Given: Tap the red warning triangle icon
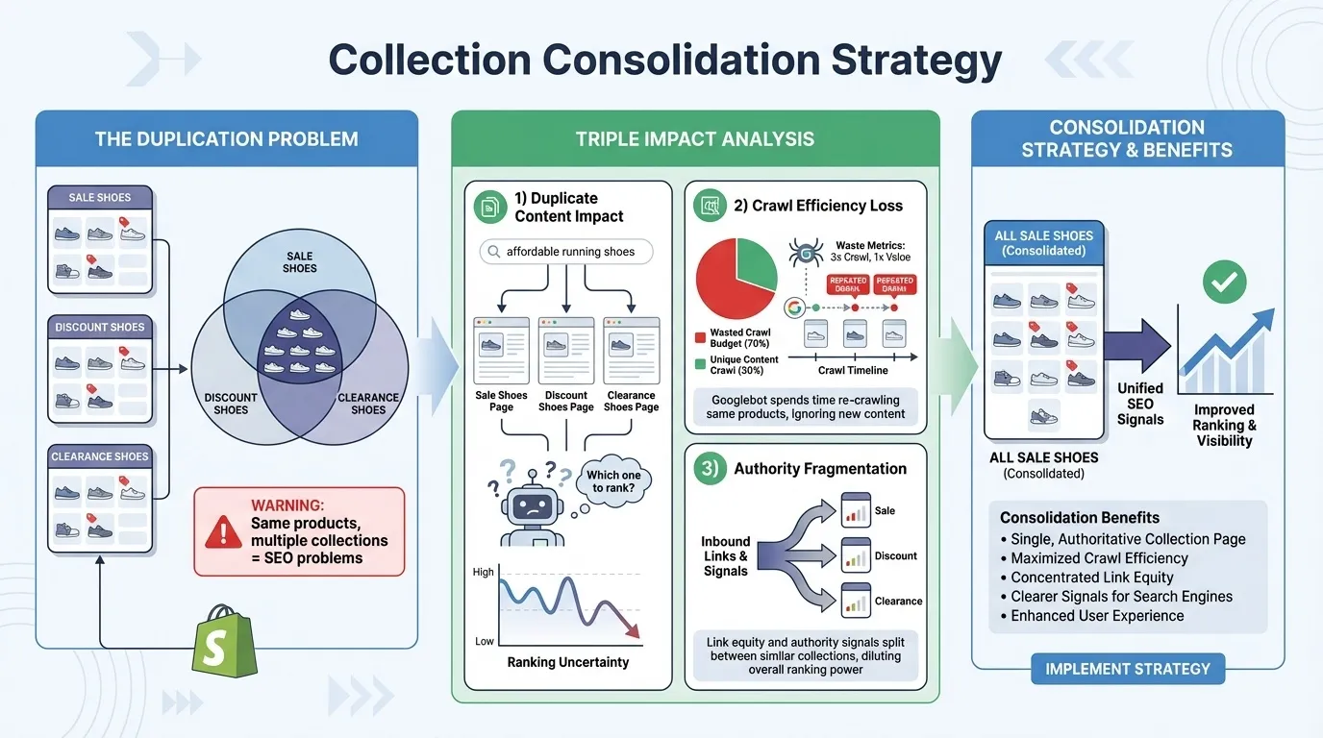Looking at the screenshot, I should tap(224, 530).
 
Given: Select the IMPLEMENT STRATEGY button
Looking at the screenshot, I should tap(1127, 669).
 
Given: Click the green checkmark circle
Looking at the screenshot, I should tap(1224, 282).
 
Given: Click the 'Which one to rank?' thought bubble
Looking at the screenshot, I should tap(612, 480).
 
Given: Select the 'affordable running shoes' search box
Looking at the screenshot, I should tap(566, 252).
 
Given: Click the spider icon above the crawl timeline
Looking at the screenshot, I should tap(803, 254).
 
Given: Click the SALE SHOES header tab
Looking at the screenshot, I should tap(100, 198).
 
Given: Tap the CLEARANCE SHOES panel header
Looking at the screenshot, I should tap(100, 456).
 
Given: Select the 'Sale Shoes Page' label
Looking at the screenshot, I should tap(501, 401).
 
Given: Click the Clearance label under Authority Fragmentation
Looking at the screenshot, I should tap(898, 601).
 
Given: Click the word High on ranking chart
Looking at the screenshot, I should tap(483, 572).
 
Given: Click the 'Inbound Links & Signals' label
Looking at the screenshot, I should tap(726, 556).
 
